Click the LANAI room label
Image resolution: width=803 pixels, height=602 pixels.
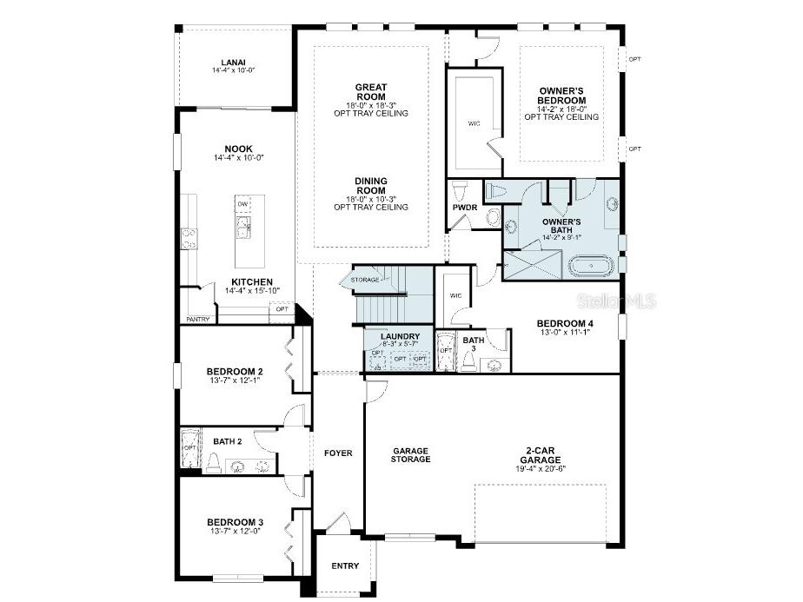(233, 62)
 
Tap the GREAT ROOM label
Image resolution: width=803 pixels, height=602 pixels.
(370, 92)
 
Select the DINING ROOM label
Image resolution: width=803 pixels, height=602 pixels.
(370, 186)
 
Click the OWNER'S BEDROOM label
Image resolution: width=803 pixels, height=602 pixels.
(562, 96)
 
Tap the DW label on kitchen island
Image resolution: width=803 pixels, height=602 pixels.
(243, 204)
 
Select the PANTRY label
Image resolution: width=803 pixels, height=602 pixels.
(198, 319)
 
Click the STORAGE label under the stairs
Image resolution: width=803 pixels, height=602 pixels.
(365, 280)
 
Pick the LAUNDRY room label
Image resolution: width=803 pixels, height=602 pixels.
(401, 336)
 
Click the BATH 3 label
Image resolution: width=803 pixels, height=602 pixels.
(474, 345)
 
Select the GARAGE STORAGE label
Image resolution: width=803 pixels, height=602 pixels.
(411, 455)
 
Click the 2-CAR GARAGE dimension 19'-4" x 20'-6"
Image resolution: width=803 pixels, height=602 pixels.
(547, 469)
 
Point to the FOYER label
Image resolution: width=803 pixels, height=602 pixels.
(338, 453)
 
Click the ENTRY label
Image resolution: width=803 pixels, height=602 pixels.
(345, 566)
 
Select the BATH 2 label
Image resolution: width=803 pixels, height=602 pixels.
(227, 441)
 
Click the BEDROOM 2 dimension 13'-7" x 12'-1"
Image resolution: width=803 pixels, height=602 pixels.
(236, 380)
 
